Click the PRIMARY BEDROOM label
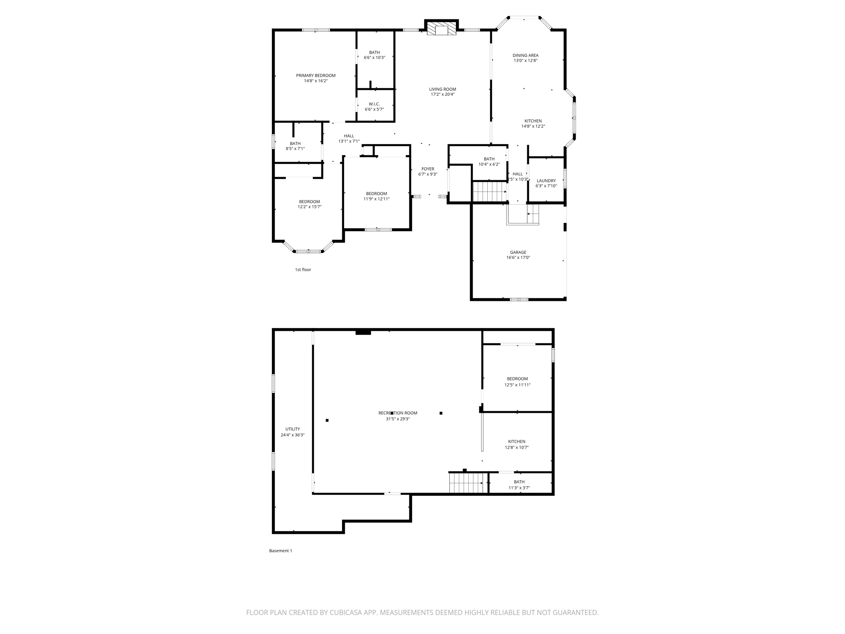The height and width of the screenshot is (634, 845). (316, 76)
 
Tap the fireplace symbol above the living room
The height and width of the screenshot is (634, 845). (441, 29)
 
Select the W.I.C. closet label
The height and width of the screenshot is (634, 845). (374, 104)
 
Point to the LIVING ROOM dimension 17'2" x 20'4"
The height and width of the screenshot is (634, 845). (442, 95)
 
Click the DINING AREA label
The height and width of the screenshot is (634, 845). (525, 55)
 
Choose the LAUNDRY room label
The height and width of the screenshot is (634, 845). (546, 181)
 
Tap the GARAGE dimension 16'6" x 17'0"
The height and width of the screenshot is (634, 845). (518, 258)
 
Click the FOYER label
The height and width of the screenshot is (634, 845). (428, 169)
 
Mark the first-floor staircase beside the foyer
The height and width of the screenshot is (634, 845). (489, 192)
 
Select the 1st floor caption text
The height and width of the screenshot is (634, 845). (303, 270)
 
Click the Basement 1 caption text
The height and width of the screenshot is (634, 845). (281, 551)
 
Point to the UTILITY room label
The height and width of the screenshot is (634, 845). (293, 429)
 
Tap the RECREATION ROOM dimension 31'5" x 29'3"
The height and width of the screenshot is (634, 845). (398, 419)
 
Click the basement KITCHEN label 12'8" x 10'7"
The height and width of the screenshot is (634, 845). (517, 442)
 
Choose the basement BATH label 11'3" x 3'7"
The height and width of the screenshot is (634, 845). (519, 482)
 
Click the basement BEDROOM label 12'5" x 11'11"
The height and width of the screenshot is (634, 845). (517, 379)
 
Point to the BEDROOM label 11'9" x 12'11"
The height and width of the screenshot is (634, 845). (376, 194)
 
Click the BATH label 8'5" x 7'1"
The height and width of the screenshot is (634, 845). (295, 144)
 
